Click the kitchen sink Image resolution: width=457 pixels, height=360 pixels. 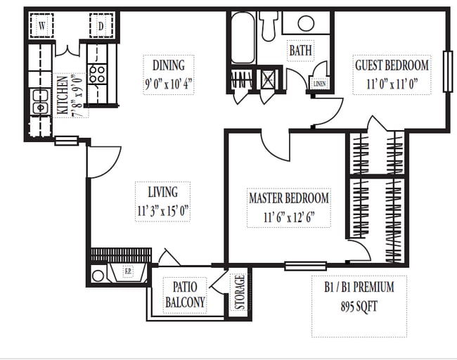coord(39,106)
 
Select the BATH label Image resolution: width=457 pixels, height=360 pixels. coord(300,51)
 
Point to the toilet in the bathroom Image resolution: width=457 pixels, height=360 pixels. coord(269,25)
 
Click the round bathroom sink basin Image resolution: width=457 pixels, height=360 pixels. coord(306,23)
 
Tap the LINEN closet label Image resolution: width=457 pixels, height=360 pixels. coord(319,84)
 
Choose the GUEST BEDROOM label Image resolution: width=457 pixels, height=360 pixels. coord(391,65)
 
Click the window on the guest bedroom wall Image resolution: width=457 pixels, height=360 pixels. coord(446,71)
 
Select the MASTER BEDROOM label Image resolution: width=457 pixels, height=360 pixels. coord(288,199)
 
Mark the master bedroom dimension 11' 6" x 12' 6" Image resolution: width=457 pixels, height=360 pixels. coord(288,217)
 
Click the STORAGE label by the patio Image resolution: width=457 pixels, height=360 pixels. coord(240,292)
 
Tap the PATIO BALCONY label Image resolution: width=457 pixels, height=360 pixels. coord(185,295)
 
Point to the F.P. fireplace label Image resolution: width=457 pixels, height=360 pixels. coord(129,272)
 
